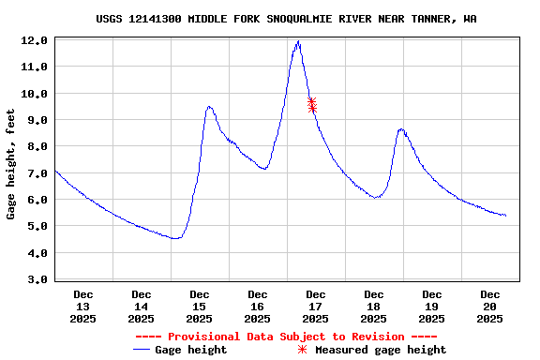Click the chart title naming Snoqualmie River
click(292, 19)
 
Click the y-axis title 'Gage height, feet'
click(11, 164)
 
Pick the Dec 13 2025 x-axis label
click(83, 307)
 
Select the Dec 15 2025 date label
click(200, 307)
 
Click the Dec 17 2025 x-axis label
click(316, 307)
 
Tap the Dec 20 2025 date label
click(489, 307)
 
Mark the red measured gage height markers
click(312, 104)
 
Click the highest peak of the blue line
click(298, 42)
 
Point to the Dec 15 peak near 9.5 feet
click(209, 107)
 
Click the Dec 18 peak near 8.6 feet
click(401, 129)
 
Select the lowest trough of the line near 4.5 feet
click(174, 239)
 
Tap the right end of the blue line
click(505, 216)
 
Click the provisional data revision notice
click(286, 337)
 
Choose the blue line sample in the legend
click(142, 350)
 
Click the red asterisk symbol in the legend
click(302, 350)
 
